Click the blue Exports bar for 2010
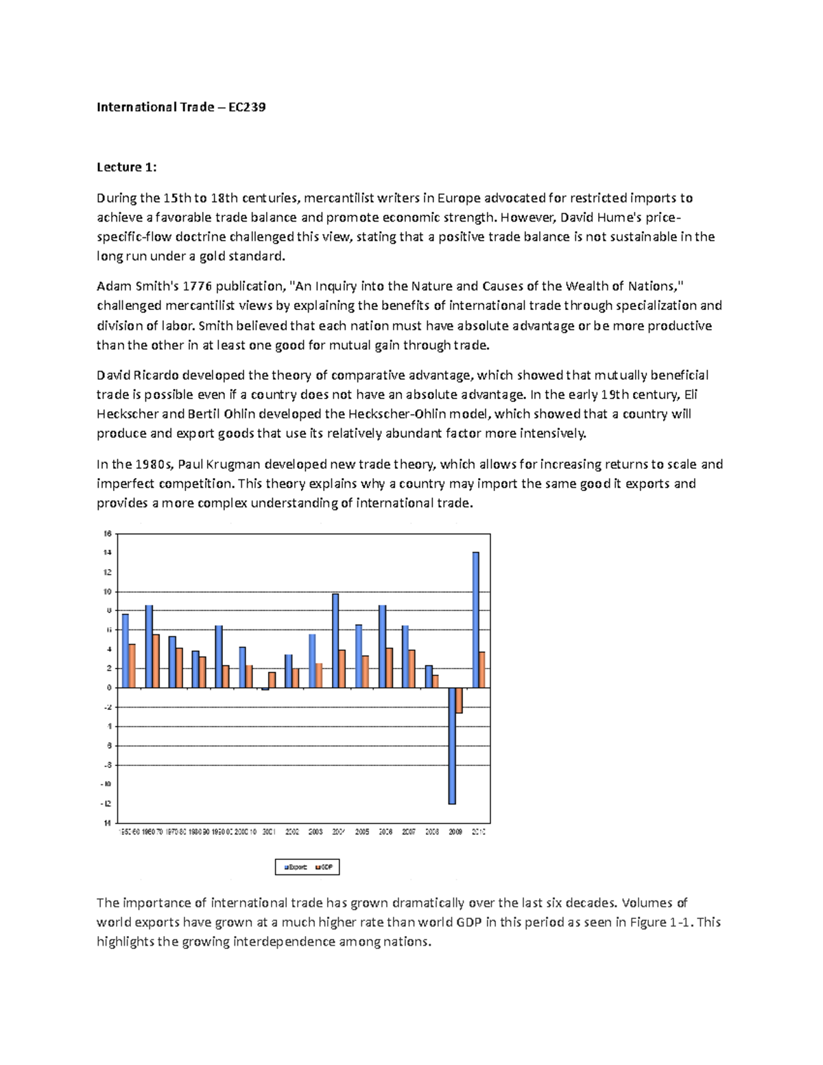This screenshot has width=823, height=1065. point(475,619)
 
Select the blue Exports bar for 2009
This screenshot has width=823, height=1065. point(452,745)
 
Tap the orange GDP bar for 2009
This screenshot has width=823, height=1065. point(460,700)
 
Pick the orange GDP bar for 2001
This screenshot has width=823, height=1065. point(272,680)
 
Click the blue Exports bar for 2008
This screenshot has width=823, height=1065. point(429,676)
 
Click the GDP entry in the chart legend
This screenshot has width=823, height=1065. point(326,867)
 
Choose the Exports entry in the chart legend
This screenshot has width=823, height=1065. point(297,867)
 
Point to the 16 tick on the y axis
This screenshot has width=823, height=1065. point(107,534)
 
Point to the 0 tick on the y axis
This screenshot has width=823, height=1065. point(108,688)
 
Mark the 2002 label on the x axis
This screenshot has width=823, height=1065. point(292,832)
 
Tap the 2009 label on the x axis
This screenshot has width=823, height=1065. point(455,832)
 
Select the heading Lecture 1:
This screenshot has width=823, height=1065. point(126,167)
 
